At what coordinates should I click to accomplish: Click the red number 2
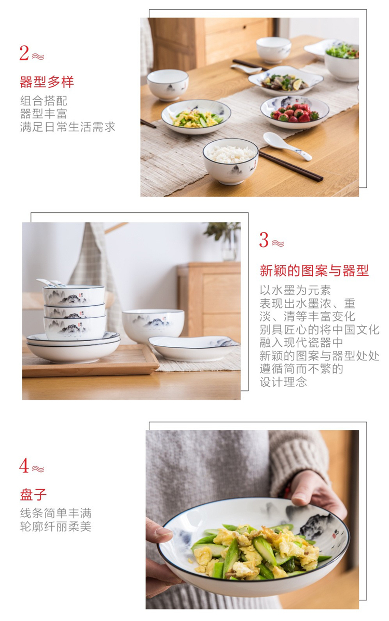pos(24,53)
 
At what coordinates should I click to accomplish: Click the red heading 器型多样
pos(47,82)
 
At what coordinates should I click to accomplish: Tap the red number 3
pos(264,240)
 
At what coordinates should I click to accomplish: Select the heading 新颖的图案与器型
pos(314,271)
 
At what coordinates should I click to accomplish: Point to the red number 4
pos(24,466)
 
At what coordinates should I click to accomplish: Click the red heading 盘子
pos(33,495)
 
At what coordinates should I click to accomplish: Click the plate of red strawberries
pos(295,112)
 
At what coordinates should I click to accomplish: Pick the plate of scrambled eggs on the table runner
pos(196,116)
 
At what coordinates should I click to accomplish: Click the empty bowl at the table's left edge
pos(168,84)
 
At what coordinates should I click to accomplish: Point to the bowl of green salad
pos(342,62)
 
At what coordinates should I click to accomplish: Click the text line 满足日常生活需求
pos(67,127)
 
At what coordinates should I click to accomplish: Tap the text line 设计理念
pos(283,382)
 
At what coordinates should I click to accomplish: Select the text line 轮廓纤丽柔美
pos(56,526)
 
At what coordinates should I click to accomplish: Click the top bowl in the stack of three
pos(74,295)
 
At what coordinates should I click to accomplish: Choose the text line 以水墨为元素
pos(295,290)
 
